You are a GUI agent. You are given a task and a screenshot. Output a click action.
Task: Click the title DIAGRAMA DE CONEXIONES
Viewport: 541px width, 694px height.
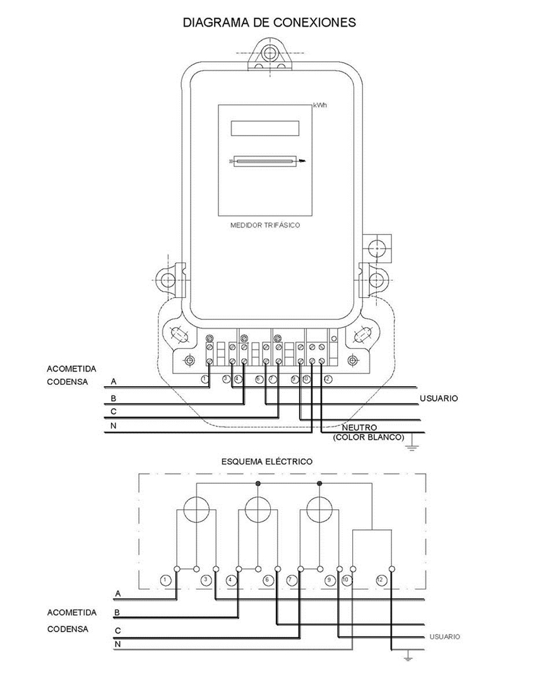270,23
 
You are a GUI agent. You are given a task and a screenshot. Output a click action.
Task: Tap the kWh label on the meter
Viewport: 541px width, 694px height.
320,105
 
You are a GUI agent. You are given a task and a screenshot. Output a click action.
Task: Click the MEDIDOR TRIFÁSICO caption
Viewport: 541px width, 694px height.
265,225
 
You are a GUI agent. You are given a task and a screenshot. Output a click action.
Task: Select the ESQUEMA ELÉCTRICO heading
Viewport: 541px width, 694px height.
266,462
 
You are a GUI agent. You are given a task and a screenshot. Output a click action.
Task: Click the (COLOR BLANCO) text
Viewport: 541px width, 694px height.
369,437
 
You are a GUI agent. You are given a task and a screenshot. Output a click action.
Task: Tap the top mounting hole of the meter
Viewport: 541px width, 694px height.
270,52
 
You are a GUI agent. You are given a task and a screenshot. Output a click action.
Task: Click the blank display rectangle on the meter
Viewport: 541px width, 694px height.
265,128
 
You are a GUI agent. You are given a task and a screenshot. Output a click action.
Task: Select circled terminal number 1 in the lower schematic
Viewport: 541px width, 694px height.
165,579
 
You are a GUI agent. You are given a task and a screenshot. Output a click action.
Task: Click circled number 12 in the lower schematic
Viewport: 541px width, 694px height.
379,579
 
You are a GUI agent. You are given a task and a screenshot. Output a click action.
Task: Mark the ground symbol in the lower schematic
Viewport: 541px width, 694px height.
408,656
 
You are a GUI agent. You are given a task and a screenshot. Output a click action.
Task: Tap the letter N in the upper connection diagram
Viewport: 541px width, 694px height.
113,426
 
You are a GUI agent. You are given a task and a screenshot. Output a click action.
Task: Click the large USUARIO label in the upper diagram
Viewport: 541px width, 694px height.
439,399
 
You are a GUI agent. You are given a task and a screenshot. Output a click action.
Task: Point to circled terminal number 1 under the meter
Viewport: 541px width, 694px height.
205,379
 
